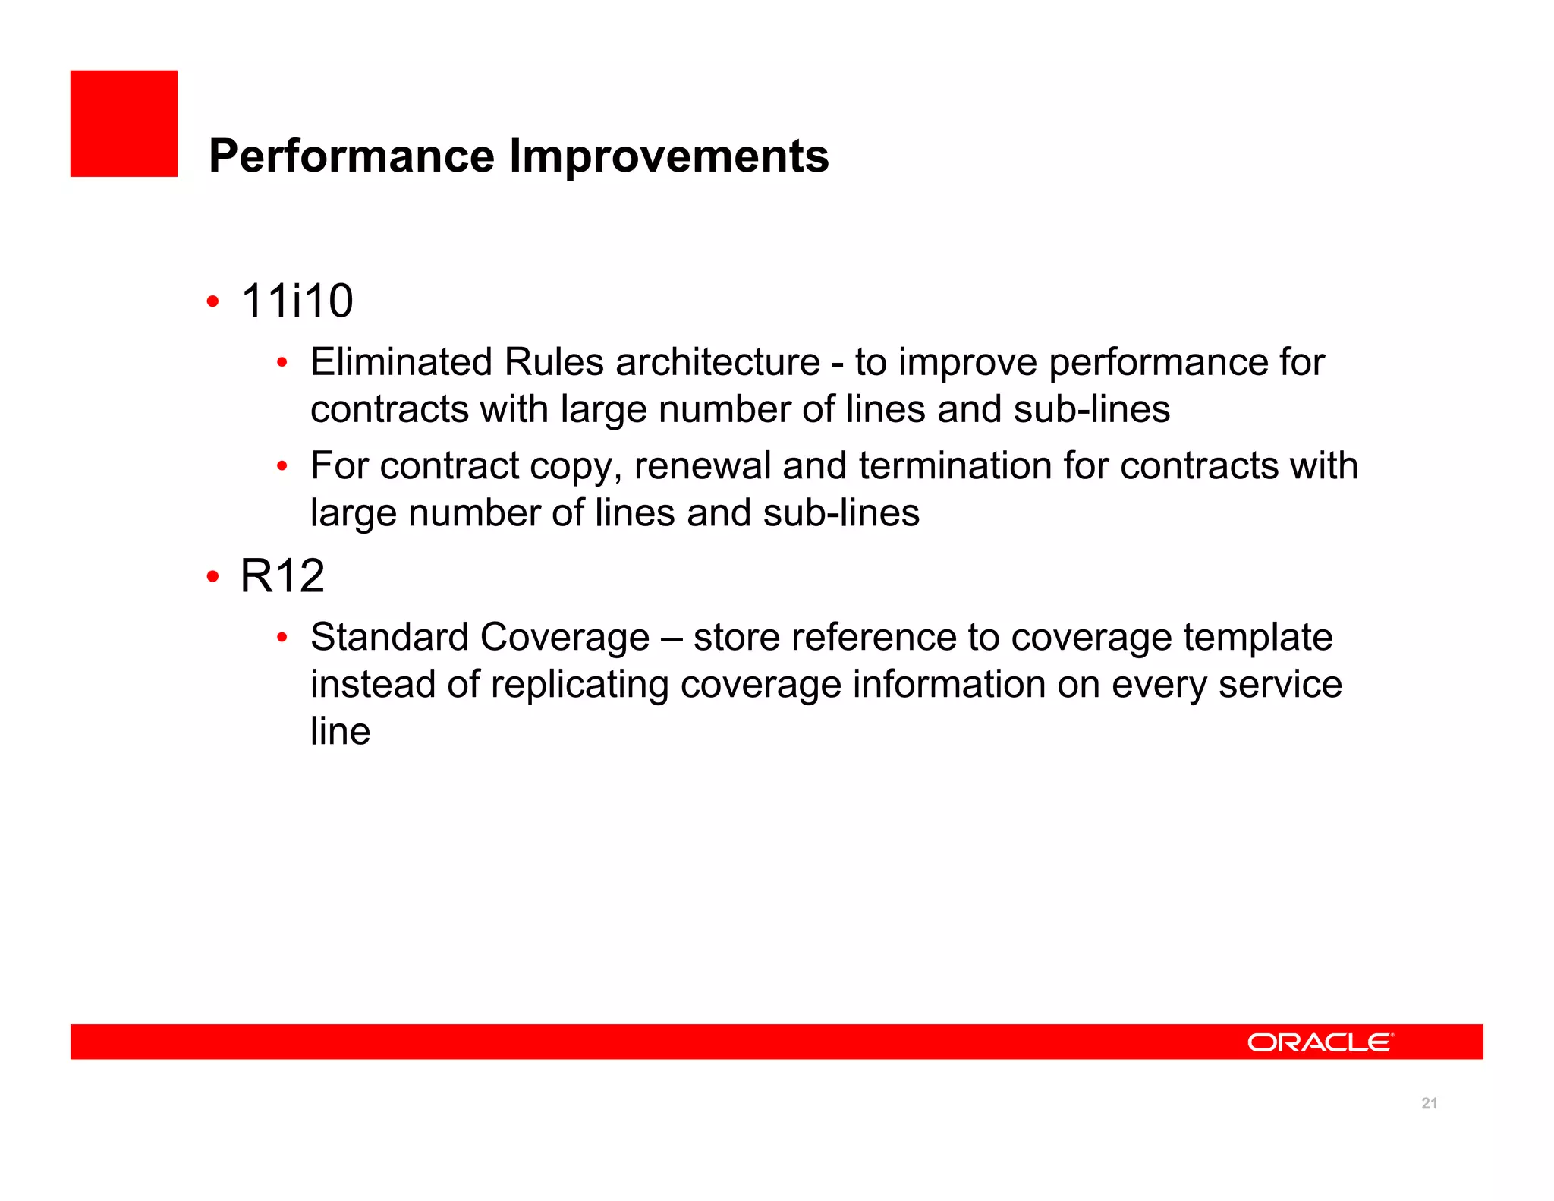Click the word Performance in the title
[x=351, y=156]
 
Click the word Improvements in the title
[x=668, y=156]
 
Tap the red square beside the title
[x=124, y=124]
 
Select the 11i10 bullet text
[x=297, y=301]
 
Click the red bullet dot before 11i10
[x=213, y=302]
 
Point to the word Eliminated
[x=401, y=362]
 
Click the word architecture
[x=717, y=362]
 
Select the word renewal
[x=702, y=466]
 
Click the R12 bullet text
[x=282, y=576]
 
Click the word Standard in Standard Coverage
[x=388, y=637]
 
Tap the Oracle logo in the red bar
[x=1320, y=1042]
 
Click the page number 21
[x=1429, y=1103]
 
